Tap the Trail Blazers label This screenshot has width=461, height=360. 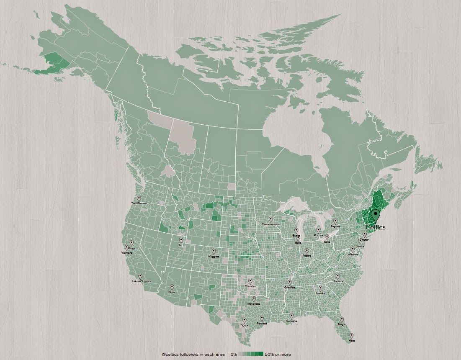pos(139,203)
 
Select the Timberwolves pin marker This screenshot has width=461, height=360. pos(271,219)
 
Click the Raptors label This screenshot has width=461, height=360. pos(335,226)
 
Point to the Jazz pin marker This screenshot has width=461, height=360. pos(181,240)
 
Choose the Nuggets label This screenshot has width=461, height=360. pos(214,256)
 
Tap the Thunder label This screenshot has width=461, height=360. pos(250,286)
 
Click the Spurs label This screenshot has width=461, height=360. pos(244,325)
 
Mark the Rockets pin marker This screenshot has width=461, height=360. pos(262,318)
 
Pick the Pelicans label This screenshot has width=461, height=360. pos(291,321)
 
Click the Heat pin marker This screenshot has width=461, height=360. pos(351,336)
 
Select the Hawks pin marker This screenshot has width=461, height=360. pos(320,288)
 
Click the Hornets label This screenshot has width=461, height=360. pos(337,281)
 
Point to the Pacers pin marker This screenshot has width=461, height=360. pos(306,251)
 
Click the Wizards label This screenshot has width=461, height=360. pos(353,254)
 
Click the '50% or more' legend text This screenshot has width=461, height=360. pos(278,355)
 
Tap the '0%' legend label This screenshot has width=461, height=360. pos(234,355)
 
